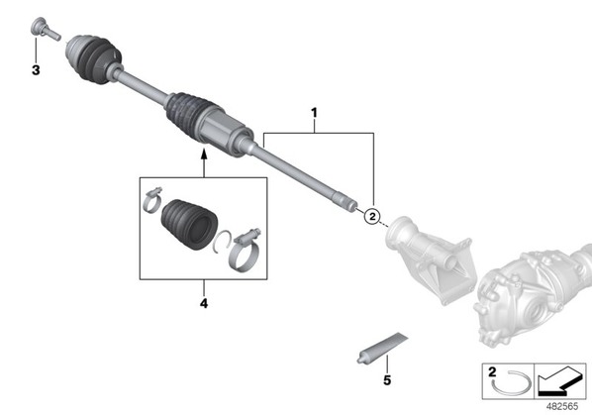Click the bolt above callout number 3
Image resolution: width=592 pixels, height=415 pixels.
click(x=45, y=29)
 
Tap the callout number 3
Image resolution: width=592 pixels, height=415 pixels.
click(x=36, y=70)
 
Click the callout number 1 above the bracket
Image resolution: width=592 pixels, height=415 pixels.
click(x=314, y=113)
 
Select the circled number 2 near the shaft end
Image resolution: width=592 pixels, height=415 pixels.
click(x=372, y=216)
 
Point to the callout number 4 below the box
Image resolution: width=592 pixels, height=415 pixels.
click(x=204, y=303)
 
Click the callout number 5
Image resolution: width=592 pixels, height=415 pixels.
click(x=387, y=380)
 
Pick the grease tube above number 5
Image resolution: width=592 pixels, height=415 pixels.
click(x=382, y=348)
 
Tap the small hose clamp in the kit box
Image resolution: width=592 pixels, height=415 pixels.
click(x=152, y=199)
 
